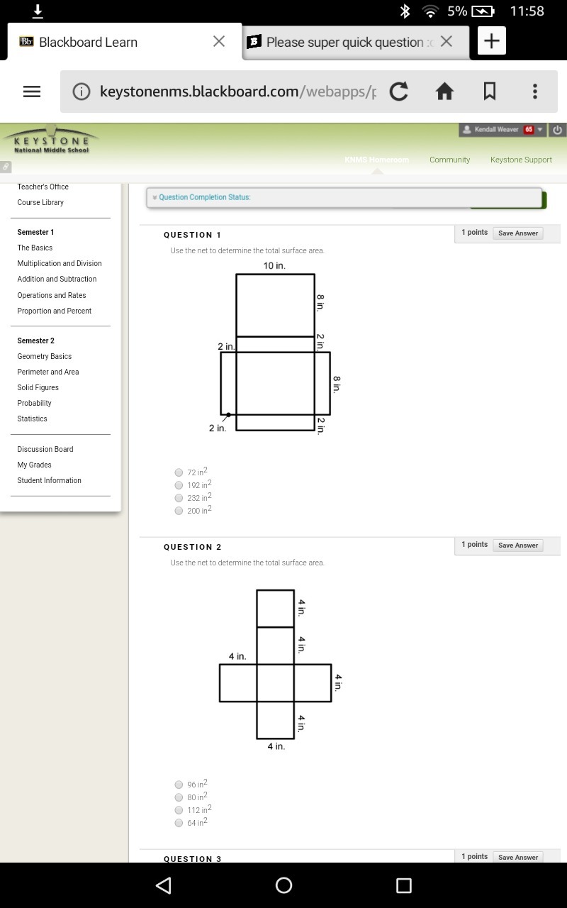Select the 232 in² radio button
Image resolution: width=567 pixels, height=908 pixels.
(179, 498)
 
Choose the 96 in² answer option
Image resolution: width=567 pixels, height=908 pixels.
(179, 785)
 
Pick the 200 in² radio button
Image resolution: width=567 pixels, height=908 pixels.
(179, 511)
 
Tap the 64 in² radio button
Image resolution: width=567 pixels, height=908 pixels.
(179, 823)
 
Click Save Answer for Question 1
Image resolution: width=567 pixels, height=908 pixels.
(518, 233)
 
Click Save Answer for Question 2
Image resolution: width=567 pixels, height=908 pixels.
(518, 546)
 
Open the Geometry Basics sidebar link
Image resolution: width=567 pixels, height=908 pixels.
(45, 356)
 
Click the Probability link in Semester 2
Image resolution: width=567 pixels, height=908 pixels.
(35, 403)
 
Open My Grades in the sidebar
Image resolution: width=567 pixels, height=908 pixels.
(35, 465)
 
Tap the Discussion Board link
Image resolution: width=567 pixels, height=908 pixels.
(45, 449)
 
